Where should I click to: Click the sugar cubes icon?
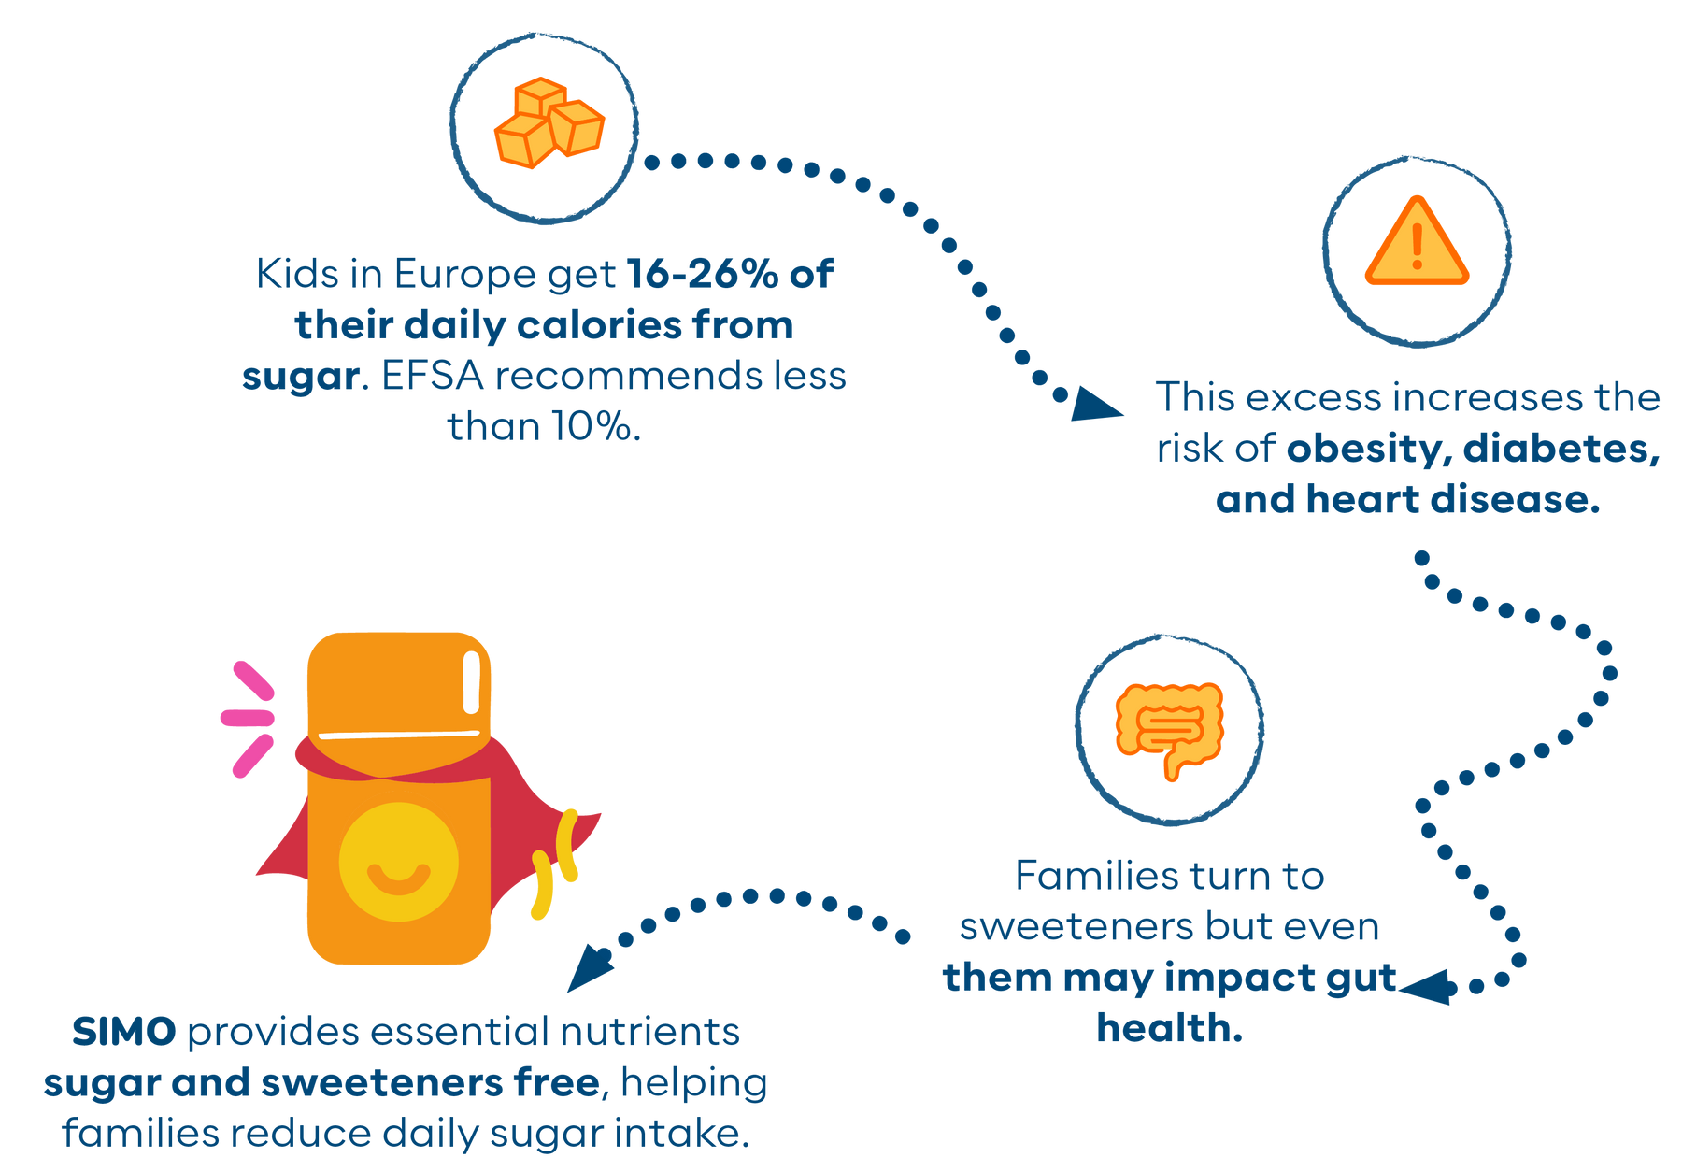549,125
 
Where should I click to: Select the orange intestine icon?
1169,727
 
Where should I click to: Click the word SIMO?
123,1034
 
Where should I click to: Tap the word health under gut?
1169,1029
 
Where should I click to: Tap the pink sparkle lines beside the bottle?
249,718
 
